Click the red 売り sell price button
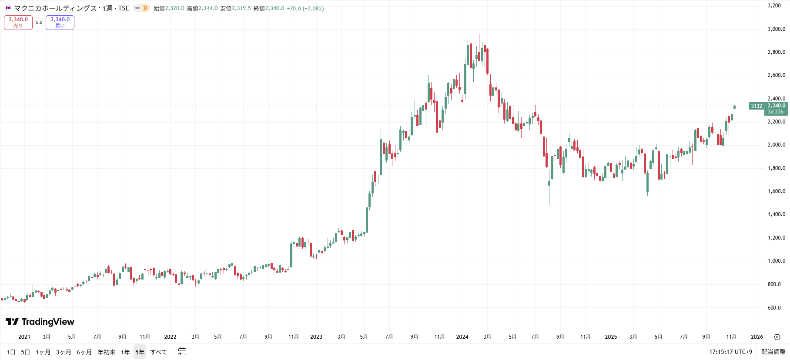[18, 22]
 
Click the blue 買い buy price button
[60, 22]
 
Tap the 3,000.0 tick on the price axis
[776, 29]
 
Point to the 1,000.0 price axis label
[776, 261]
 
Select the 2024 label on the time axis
[462, 337]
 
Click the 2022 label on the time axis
[170, 337]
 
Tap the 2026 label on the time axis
[757, 337]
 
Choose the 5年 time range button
[140, 352]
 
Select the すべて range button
[158, 352]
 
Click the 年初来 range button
[107, 352]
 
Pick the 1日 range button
[11, 352]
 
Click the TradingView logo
[40, 322]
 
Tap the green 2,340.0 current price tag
[776, 106]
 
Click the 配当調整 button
[773, 352]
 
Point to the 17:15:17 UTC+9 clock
[730, 352]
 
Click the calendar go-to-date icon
[182, 352]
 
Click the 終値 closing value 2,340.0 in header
[274, 8]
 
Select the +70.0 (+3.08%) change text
[305, 8]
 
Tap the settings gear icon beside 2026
[777, 337]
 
